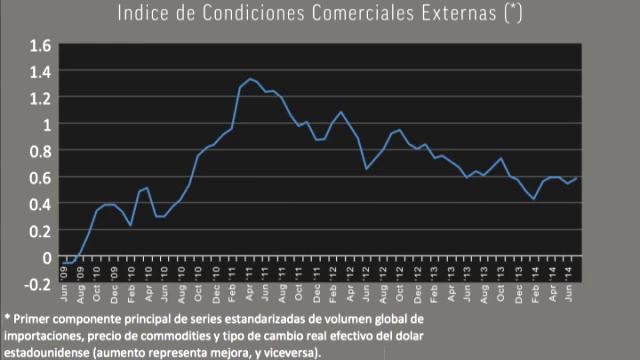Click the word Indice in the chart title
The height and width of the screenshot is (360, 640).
pyautogui.click(x=142, y=13)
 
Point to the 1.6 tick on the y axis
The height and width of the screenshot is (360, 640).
pyautogui.click(x=39, y=45)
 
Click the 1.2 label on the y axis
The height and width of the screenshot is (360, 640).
pyautogui.click(x=39, y=98)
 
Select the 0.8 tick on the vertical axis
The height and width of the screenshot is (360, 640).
pyautogui.click(x=39, y=151)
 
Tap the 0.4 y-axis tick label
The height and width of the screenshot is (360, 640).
pyautogui.click(x=39, y=204)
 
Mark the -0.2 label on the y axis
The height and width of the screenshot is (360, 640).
pyautogui.click(x=37, y=284)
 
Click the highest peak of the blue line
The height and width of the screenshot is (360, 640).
pyautogui.click(x=250, y=78)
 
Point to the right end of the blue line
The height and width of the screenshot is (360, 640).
pyautogui.click(x=577, y=178)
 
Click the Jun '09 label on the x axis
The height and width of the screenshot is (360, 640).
pyautogui.click(x=65, y=279)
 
